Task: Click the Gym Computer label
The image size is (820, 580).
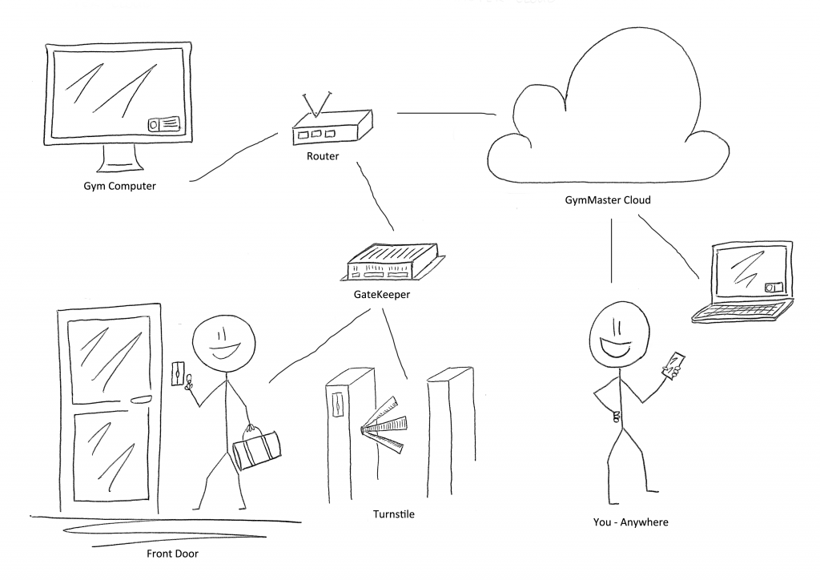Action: [119, 187]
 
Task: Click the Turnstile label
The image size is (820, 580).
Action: [393, 514]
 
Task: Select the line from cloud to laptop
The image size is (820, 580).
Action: [673, 248]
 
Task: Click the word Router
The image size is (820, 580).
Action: [323, 156]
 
